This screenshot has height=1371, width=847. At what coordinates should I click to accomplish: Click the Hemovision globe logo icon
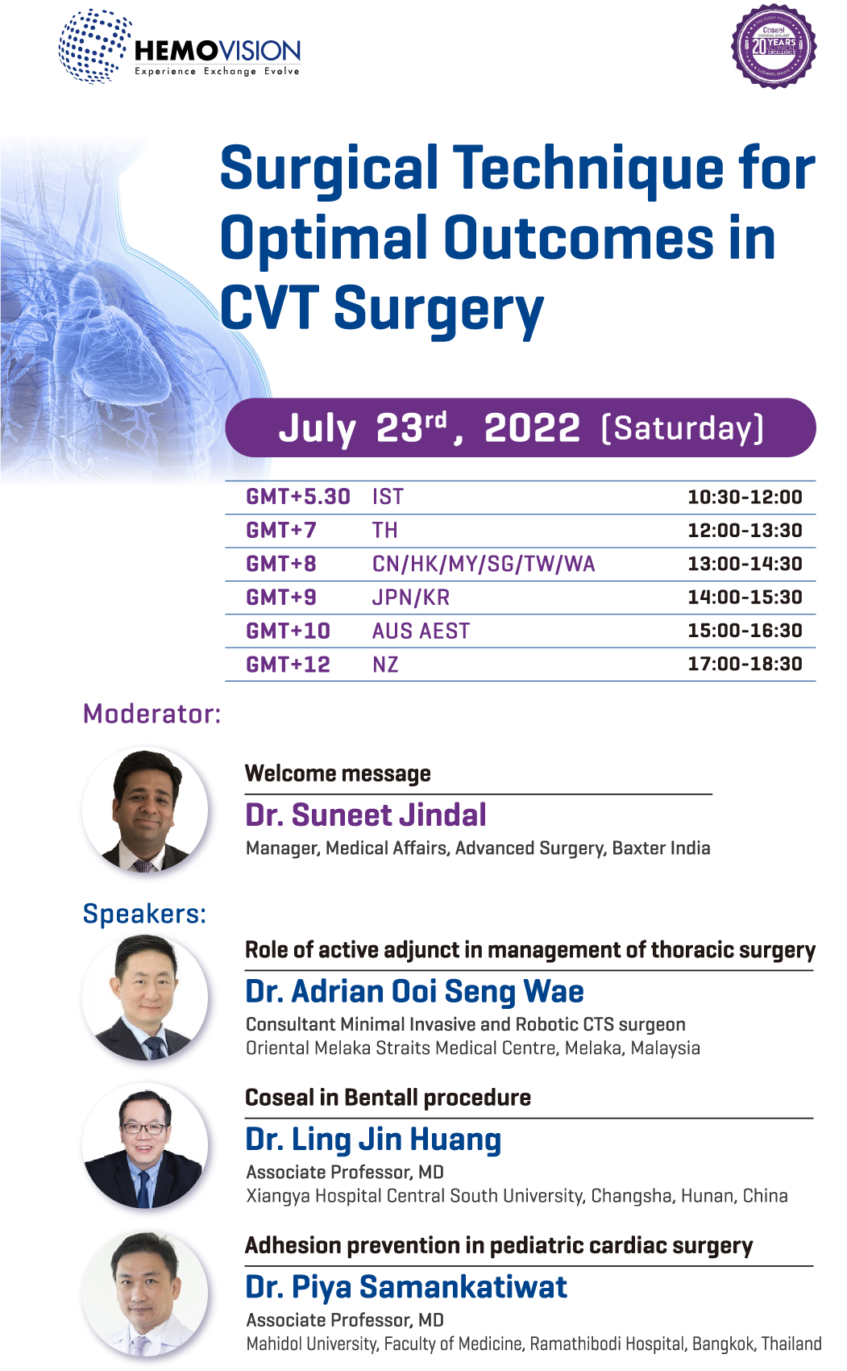(x=93, y=46)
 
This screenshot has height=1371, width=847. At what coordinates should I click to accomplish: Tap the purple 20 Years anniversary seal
(x=774, y=46)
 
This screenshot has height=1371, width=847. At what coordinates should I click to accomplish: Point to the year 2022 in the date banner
(x=532, y=427)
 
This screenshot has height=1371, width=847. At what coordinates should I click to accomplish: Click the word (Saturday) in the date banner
(x=682, y=427)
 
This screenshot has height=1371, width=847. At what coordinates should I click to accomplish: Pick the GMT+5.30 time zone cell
(x=297, y=497)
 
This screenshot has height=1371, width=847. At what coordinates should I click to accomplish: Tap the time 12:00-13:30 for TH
(x=744, y=531)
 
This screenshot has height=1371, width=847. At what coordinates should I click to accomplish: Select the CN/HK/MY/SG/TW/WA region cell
(x=484, y=564)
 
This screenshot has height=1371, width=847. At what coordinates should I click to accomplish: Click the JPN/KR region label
(x=410, y=598)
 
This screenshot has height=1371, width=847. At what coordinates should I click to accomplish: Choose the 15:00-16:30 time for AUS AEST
(x=744, y=631)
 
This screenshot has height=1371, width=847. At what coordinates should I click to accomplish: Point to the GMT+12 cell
(x=288, y=665)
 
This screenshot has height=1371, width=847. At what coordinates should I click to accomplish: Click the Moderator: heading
(x=152, y=714)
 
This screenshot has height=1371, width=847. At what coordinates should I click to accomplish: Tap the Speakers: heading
(x=144, y=914)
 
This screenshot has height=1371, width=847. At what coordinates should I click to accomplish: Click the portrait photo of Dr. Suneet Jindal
(x=148, y=811)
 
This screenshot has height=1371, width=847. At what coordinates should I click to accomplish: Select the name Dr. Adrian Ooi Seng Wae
(x=414, y=991)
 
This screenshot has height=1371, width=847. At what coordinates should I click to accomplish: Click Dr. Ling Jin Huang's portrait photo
(x=148, y=1148)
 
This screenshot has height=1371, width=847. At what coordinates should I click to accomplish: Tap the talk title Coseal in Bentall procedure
(x=388, y=1098)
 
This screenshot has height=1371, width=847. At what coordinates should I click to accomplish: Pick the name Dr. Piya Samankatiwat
(x=406, y=1287)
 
